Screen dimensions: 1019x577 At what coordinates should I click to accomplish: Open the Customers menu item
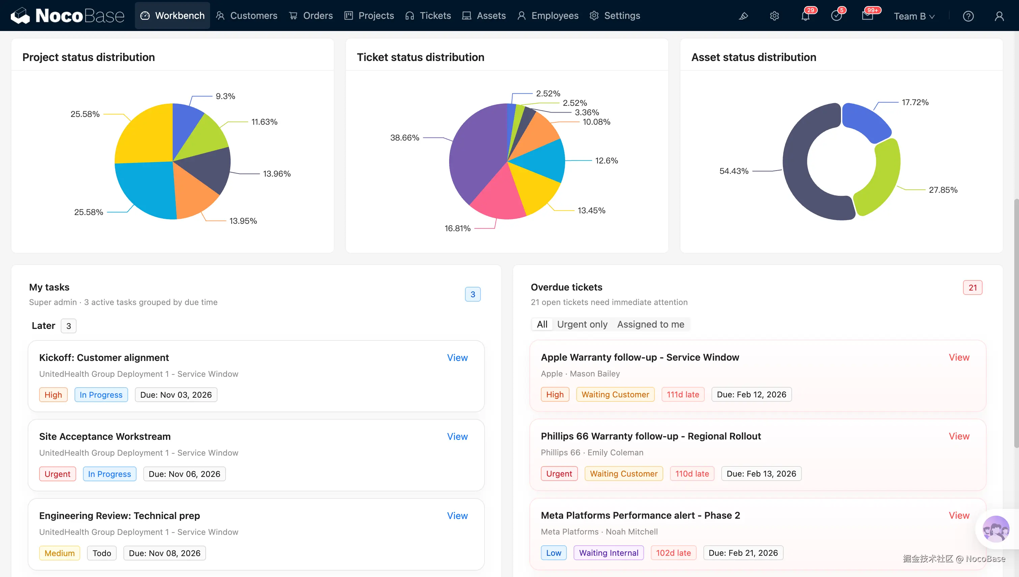point(246,16)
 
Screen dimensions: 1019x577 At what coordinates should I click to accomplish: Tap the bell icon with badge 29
point(805,16)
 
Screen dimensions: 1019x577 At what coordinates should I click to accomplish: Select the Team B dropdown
point(914,16)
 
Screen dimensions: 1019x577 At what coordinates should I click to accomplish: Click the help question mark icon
point(968,16)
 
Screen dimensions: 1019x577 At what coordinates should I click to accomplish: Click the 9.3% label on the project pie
point(225,96)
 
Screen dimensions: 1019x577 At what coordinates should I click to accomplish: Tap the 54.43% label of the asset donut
point(734,171)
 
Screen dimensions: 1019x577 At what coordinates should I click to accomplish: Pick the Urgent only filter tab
point(582,324)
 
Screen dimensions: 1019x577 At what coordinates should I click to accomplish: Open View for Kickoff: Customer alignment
point(457,358)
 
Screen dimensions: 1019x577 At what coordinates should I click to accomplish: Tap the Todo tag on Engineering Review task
point(101,553)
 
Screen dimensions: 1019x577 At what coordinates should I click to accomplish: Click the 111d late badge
point(683,394)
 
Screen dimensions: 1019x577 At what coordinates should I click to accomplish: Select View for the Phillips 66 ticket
point(959,436)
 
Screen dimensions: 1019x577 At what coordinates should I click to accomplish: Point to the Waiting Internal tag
point(609,553)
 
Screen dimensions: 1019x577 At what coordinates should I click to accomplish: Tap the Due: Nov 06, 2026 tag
point(184,474)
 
